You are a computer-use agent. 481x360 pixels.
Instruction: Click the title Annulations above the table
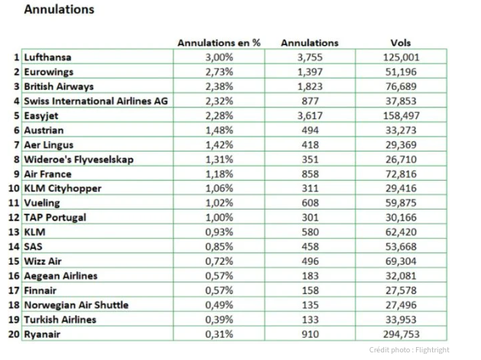tap(60, 10)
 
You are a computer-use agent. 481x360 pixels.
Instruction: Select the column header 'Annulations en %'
tap(218, 43)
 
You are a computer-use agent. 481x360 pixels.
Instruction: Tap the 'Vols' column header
tap(401, 43)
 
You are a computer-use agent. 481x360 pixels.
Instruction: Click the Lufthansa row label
tap(50, 57)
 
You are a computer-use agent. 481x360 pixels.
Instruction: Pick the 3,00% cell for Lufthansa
tap(218, 57)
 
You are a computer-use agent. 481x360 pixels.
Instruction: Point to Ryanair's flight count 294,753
tap(401, 334)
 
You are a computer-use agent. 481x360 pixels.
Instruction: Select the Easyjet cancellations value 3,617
tap(309, 115)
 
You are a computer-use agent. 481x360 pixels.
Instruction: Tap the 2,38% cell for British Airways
tap(218, 86)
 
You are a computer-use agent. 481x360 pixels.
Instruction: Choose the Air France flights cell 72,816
tap(401, 174)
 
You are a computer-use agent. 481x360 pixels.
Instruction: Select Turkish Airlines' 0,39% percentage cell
tap(218, 320)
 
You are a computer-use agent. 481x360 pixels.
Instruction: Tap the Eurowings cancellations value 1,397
tap(309, 72)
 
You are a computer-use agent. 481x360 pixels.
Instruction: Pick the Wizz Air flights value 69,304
tap(401, 261)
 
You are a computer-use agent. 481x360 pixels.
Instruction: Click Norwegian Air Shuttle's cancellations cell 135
tap(309, 305)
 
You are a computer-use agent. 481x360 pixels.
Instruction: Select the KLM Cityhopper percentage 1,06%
tap(218, 188)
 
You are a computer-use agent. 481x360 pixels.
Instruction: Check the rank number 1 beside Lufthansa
tap(17, 57)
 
